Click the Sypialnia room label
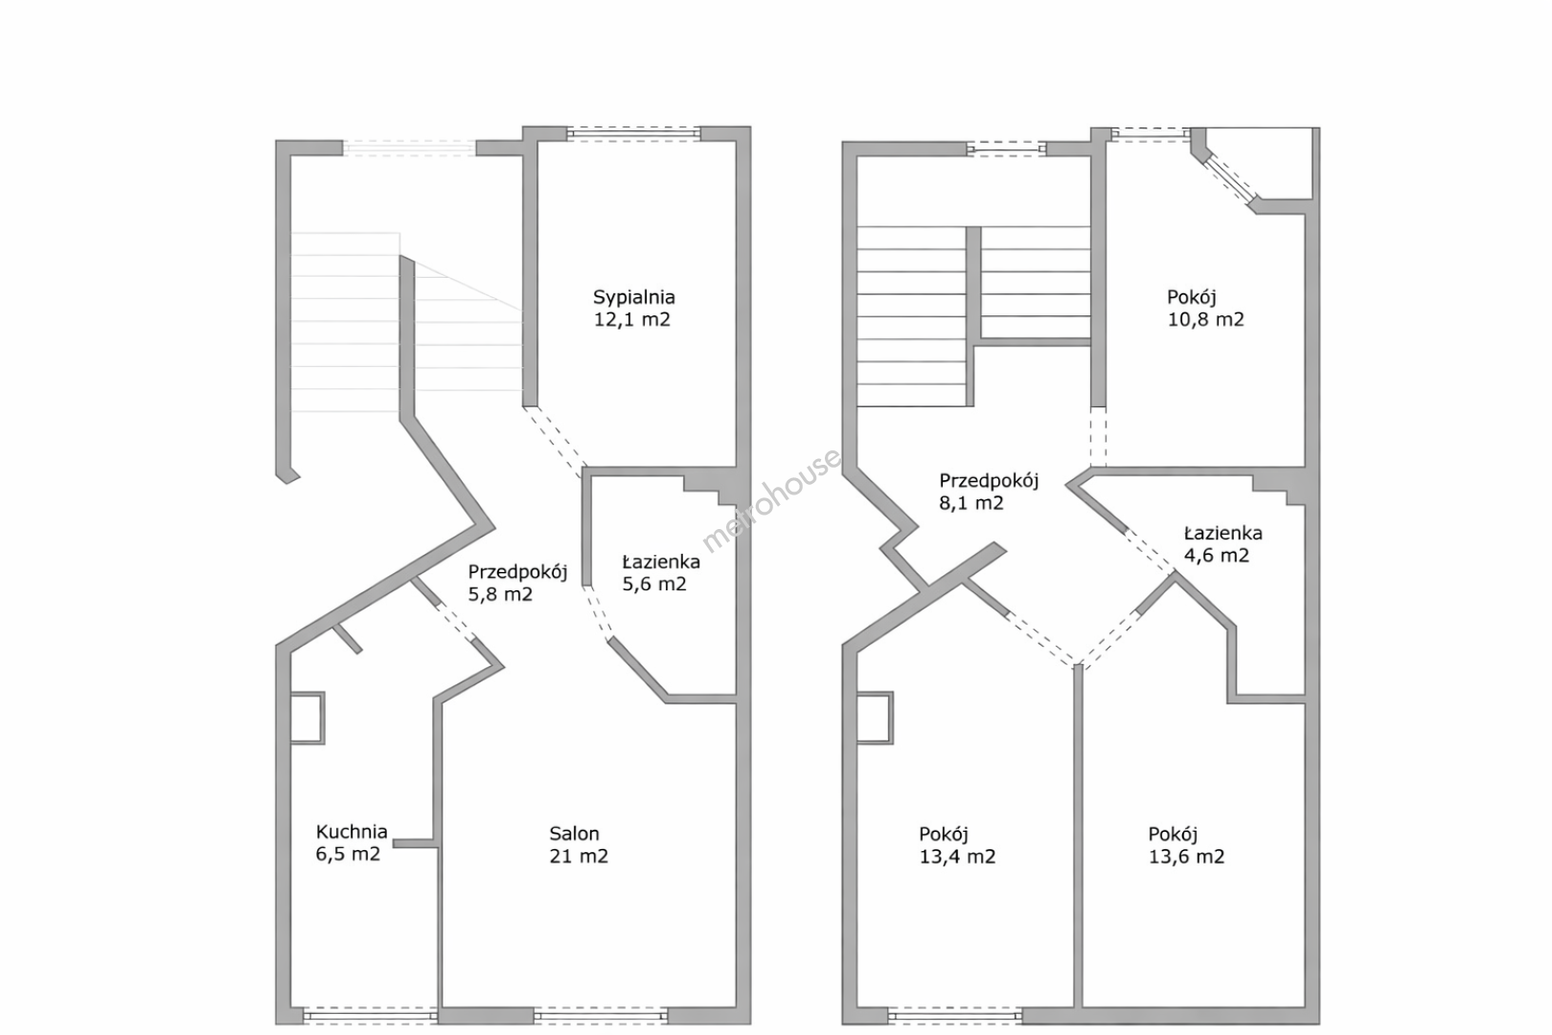[x=633, y=298]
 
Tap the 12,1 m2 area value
[x=632, y=319]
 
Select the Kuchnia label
[x=352, y=832]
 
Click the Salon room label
[x=575, y=834]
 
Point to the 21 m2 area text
[x=579, y=857]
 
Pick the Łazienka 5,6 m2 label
[x=660, y=573]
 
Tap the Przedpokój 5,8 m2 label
[x=517, y=583]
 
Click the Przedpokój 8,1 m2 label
[x=989, y=492]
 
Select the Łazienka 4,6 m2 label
[x=1222, y=544]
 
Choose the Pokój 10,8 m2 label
[x=1205, y=309]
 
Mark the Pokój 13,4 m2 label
[x=957, y=846]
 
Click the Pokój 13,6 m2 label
[x=1187, y=846]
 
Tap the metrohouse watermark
[x=771, y=500]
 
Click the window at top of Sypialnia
[x=633, y=134]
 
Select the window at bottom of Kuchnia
[x=371, y=1017]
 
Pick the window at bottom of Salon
[x=601, y=1017]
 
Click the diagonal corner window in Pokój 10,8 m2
[x=1231, y=181]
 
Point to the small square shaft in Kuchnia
[x=307, y=718]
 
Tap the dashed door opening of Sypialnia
[x=555, y=441]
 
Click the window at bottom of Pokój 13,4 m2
[x=955, y=1017]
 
